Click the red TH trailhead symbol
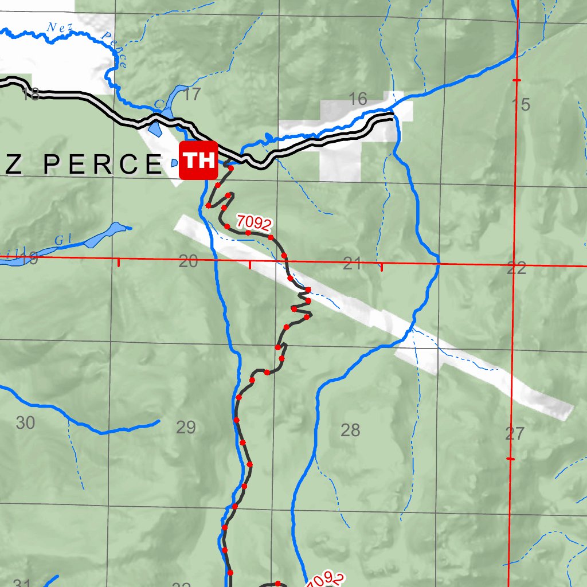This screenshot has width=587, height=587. tap(198, 160)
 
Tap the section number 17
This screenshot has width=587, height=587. tap(193, 95)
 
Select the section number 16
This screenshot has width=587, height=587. tap(358, 99)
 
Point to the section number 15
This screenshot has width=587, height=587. tap(521, 105)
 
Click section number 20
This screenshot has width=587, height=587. tap(188, 262)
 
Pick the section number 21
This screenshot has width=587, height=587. tap(352, 264)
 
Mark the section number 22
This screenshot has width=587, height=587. tap(516, 268)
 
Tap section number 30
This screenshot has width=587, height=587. tap(25, 423)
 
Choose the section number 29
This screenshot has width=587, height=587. tap(186, 427)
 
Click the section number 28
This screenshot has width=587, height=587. tap(350, 429)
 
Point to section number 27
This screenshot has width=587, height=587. tap(515, 433)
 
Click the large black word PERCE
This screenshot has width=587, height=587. tap(103, 165)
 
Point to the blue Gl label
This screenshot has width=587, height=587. tap(61, 240)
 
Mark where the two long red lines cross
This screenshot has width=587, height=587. tap(514, 265)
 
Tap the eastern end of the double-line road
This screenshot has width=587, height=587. tap(393, 118)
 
